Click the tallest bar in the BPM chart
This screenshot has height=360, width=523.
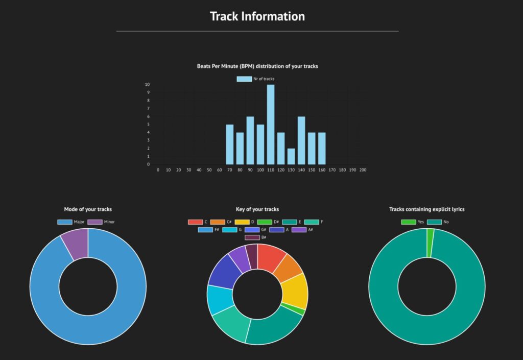click(271, 125)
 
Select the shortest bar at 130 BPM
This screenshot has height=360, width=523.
click(291, 156)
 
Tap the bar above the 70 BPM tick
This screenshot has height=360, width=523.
click(230, 145)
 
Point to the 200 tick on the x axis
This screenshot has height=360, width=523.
click(363, 170)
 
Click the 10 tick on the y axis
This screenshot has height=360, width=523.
click(147, 84)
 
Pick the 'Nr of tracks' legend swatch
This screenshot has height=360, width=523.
click(244, 79)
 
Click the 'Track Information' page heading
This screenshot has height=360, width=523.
click(257, 16)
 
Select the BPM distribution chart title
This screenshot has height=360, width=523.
click(257, 66)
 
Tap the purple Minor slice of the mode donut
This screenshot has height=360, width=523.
click(76, 243)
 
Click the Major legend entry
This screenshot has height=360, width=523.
click(72, 222)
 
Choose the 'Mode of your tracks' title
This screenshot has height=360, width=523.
click(88, 209)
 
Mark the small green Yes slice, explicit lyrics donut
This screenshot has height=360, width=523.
click(430, 236)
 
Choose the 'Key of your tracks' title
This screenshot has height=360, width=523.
click(257, 209)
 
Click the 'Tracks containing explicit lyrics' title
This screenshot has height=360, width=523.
click(427, 209)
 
